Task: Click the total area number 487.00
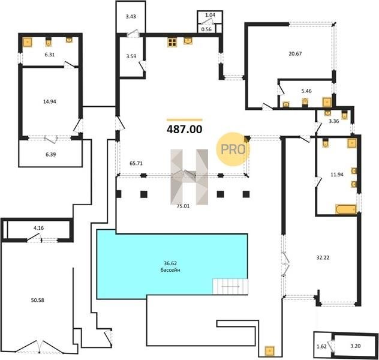coord(185,130)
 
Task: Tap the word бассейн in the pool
coord(170,270)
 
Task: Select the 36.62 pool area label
coord(170,263)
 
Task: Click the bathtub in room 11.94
coord(346,209)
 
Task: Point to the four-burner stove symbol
coord(172,42)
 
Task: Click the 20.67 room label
coord(295,53)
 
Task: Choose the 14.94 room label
coord(50,101)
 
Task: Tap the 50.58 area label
coord(37,300)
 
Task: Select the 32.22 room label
coord(323,257)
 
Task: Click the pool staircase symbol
coord(230,287)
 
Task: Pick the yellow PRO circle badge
coord(233,149)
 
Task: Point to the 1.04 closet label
coord(210,15)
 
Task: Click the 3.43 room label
coord(131,16)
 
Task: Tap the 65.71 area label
coord(136,163)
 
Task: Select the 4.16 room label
coord(38,228)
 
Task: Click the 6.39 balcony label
coord(51,154)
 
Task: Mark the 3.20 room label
coord(355,346)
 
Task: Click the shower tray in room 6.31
coord(28,42)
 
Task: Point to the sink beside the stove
coord(188,41)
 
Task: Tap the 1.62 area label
coord(321,346)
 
